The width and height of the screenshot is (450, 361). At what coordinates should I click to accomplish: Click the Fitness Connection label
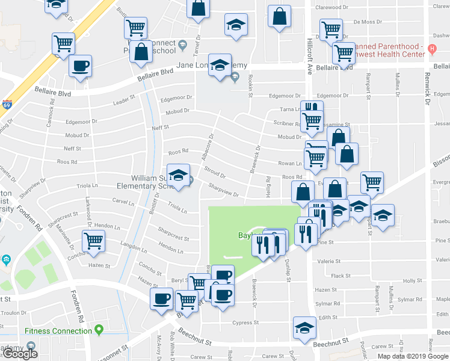[x=58, y=330]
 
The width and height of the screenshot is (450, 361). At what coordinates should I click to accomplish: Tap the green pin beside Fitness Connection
[x=99, y=330]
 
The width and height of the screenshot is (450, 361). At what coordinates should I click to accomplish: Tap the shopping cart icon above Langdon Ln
[x=93, y=241]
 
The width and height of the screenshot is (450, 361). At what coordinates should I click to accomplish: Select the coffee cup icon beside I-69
[x=80, y=67]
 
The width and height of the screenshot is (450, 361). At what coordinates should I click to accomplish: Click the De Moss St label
[x=368, y=22]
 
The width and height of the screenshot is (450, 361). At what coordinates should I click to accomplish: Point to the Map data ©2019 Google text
[x=413, y=356]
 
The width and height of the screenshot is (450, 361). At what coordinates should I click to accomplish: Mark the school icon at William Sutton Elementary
[x=177, y=175]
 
